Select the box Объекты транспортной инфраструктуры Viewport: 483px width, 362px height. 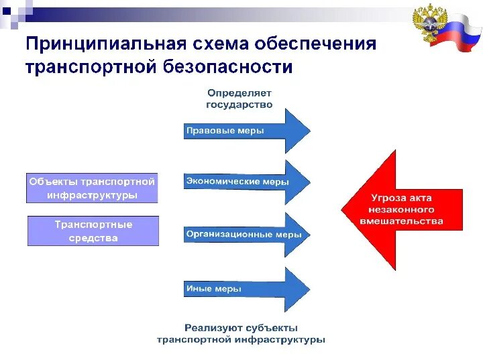pos(92,188)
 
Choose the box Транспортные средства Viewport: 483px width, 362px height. pos(93,231)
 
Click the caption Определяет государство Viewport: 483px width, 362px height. pos(239,99)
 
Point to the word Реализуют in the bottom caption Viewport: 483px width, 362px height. pos(214,328)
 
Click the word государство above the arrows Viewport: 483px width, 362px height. pos(239,105)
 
